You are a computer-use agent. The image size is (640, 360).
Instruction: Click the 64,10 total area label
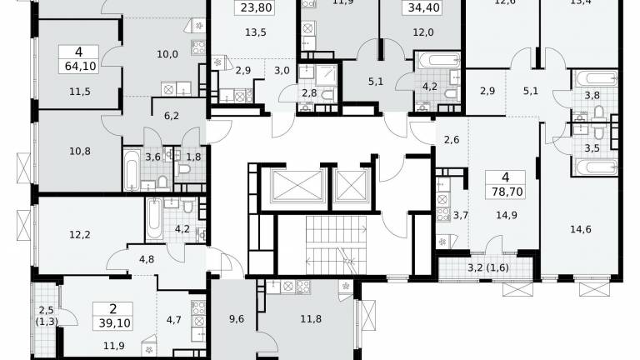[x=80, y=66]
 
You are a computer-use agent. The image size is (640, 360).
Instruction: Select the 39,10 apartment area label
[x=115, y=323]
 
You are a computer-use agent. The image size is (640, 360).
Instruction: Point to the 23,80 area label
[x=256, y=7]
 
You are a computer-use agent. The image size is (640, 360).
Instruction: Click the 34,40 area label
[x=423, y=7]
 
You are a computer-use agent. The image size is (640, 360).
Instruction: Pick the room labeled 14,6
[x=580, y=229]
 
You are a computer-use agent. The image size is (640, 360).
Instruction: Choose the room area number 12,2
[x=80, y=235]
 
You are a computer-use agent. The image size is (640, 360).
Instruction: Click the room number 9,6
[x=237, y=319]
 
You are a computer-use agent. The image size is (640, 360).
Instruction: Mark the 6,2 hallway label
[x=172, y=116]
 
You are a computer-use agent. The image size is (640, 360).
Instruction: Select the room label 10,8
[x=80, y=151]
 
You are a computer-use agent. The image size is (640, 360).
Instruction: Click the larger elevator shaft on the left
[x=297, y=186]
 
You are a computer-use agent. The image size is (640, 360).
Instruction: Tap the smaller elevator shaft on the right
[x=352, y=186]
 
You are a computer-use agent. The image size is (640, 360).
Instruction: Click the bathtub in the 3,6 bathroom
[x=132, y=169]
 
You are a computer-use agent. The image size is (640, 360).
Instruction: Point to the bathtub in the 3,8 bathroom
[x=596, y=78]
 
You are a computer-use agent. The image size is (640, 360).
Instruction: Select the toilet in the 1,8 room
[x=184, y=169]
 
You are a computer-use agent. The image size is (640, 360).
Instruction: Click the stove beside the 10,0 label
[x=198, y=47]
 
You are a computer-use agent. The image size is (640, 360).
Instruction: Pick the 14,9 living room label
[x=507, y=215]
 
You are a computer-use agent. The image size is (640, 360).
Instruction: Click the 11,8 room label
[x=311, y=319]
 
